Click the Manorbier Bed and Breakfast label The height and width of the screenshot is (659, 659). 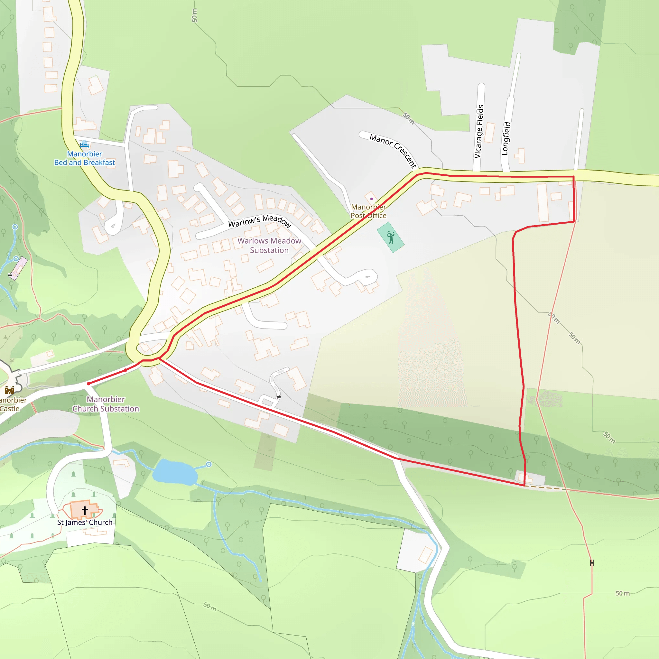85,158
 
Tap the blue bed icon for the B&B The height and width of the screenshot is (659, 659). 84,144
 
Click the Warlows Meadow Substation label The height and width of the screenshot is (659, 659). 269,245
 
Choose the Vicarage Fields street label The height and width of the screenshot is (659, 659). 479,131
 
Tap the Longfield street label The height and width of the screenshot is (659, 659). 506,138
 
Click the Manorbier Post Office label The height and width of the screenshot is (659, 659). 368,211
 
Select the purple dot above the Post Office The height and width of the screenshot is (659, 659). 371,199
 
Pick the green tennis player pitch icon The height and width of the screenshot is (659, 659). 391,237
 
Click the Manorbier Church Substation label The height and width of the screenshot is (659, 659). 106,404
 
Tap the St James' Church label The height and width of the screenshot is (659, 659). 85,522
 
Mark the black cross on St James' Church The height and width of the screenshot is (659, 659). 85,510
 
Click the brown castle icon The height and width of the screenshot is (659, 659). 9,390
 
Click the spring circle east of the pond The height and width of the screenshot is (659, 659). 209,464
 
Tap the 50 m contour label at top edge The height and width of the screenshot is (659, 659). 194,15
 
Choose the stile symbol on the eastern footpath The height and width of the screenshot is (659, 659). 592,563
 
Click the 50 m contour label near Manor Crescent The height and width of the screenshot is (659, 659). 409,118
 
